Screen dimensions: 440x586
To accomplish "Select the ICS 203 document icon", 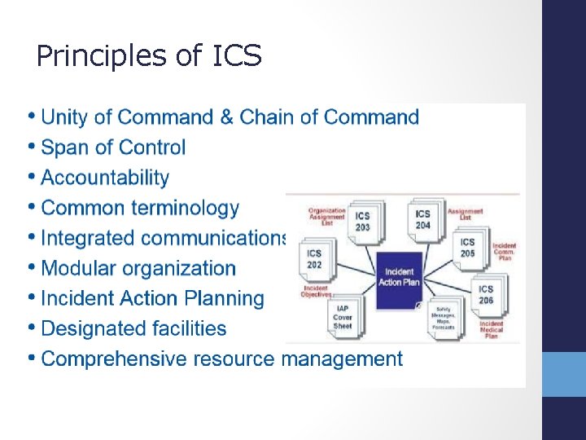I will (363, 222).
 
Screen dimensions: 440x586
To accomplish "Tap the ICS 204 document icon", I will (423, 220).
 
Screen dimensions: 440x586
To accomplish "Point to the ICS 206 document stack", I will (487, 295).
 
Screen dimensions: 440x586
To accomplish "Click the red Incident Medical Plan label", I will (492, 328).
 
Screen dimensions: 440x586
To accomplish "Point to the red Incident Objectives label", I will (315, 290).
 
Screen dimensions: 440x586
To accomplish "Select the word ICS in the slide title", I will (237, 56).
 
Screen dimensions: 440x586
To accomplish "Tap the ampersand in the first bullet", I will (227, 117).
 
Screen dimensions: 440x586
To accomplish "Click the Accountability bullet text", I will (105, 178).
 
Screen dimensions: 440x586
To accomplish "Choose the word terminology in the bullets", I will (190, 208).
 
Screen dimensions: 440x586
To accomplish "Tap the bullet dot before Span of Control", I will (31, 147).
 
